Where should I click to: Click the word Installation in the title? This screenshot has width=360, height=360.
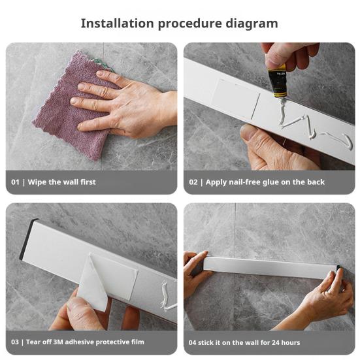(118, 24)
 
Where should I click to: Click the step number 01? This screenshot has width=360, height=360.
(15, 182)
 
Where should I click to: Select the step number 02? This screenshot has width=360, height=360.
(193, 182)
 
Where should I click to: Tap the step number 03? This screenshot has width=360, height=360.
(14, 342)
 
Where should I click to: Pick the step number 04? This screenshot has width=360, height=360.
(192, 342)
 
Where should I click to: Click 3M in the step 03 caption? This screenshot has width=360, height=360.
(58, 342)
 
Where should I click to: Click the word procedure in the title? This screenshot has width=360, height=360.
(190, 24)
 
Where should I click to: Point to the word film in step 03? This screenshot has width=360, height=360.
(138, 342)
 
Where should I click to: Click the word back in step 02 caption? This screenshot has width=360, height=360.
(316, 182)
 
